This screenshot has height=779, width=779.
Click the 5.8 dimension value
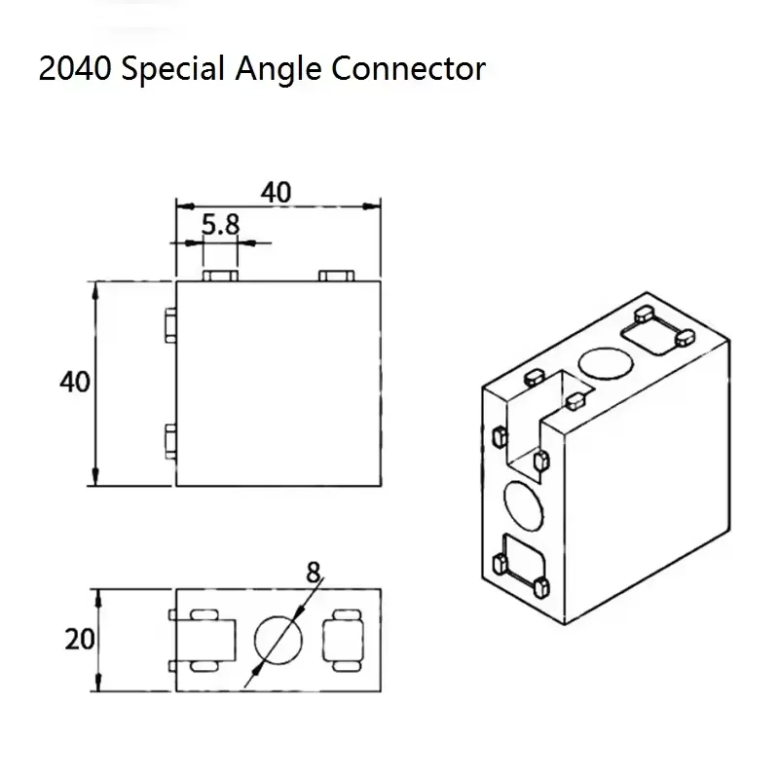[220, 225]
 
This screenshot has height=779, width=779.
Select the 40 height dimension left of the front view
[74, 382]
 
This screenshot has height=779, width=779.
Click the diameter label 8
[313, 573]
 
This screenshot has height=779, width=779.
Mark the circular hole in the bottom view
[279, 639]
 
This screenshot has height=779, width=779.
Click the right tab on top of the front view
[336, 276]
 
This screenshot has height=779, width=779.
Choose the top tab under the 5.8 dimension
[221, 276]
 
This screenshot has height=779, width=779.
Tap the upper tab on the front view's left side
[170, 327]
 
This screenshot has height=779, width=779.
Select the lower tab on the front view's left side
[170, 442]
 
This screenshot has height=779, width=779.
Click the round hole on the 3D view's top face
[605, 363]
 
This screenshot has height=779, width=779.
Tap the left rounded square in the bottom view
[205, 640]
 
